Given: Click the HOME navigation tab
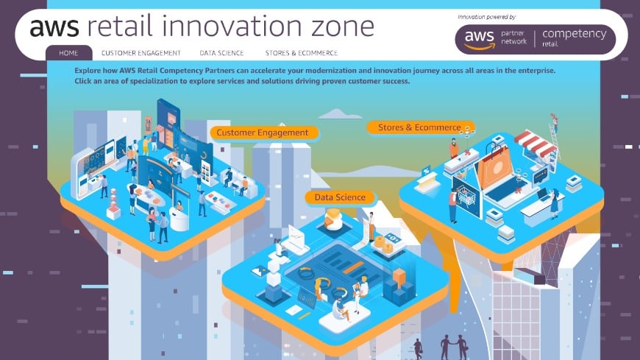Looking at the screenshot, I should click(x=68, y=53).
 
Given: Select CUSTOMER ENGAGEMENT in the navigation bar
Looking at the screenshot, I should click(x=141, y=53).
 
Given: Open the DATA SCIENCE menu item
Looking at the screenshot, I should click(x=222, y=53).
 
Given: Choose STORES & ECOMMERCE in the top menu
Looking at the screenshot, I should click(x=301, y=53).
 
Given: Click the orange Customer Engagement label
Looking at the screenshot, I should click(x=264, y=133).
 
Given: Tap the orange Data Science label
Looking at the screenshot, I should click(x=340, y=197).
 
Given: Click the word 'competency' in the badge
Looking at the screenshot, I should click(x=574, y=34).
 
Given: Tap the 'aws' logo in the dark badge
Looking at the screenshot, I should click(x=478, y=35).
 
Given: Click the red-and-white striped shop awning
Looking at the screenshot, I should click(x=535, y=144).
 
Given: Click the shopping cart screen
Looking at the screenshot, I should click(x=466, y=198).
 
